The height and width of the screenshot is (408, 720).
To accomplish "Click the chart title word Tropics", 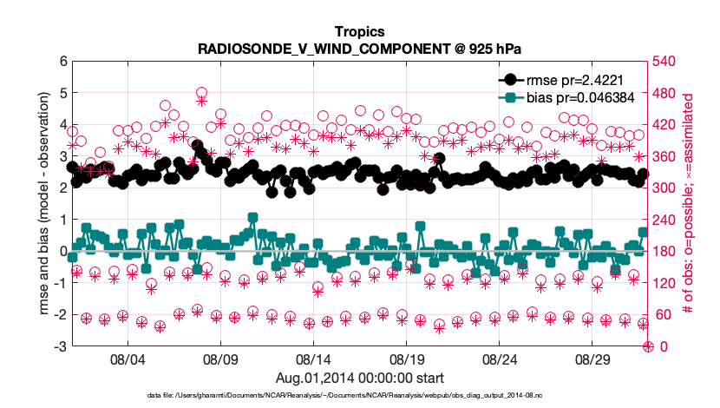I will (360, 32).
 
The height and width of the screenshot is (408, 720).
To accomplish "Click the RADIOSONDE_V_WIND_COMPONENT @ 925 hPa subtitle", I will (360, 48).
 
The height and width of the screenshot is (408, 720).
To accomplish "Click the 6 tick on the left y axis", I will (62, 62).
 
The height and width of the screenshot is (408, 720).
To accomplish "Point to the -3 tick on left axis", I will (60, 346).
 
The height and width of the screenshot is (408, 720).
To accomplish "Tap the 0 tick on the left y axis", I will (62, 252).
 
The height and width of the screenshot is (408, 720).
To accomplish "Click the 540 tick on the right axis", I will (664, 62).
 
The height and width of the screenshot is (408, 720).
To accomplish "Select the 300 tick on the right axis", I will (664, 188).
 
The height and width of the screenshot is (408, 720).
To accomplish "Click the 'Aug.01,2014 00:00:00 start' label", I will (360, 378).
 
